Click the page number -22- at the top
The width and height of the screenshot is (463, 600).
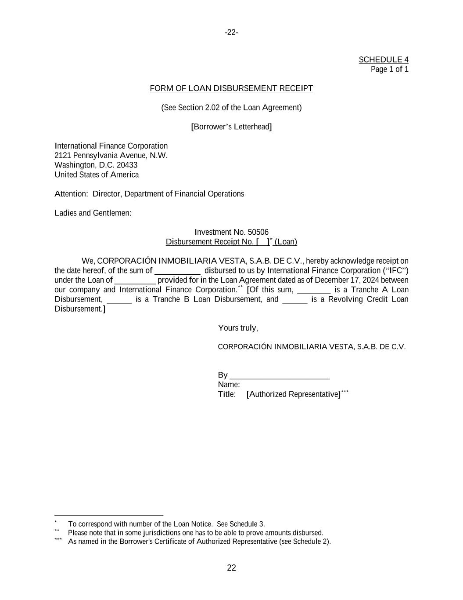tap(231, 33)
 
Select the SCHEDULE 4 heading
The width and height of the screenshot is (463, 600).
tap(383, 60)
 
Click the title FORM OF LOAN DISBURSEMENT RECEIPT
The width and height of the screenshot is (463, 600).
tap(231, 88)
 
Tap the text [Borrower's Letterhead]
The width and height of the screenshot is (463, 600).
tap(231, 127)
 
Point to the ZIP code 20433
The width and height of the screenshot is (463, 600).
tap(127, 165)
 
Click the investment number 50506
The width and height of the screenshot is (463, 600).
tap(258, 232)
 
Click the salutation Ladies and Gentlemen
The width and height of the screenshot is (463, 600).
tap(93, 213)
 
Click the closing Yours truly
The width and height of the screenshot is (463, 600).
tap(238, 328)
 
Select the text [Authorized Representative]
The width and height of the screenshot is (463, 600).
tap(293, 394)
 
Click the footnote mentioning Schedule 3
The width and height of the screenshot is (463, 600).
tap(166, 524)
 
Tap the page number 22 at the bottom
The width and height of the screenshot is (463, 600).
tap(231, 568)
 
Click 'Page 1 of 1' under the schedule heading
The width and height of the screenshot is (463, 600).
tap(389, 69)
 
